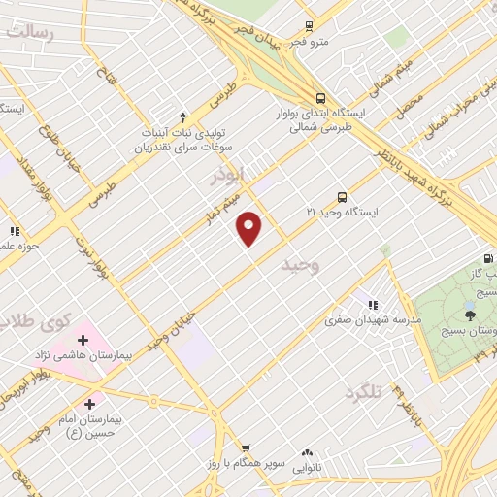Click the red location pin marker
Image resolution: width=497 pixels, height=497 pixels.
coord(249,228)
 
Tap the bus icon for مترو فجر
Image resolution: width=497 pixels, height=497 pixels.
coord(309,26)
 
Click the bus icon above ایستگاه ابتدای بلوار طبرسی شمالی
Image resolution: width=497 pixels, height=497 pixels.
coord(320,97)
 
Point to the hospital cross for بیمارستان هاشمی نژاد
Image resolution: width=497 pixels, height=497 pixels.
coord(83,340)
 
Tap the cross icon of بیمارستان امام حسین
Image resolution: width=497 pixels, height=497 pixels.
coord(90,403)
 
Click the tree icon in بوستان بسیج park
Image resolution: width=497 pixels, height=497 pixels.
coord(470,314)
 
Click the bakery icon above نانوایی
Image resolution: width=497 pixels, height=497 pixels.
coord(308,451)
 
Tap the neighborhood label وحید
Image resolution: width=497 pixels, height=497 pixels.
coord(299,264)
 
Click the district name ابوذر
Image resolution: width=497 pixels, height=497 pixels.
coord(232,176)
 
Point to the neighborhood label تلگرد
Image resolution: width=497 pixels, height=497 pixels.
coord(363,392)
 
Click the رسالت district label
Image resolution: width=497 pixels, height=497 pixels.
coord(29,32)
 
